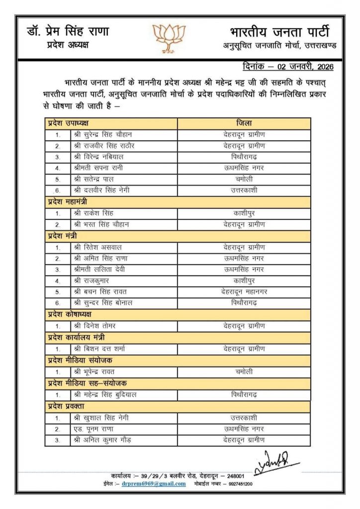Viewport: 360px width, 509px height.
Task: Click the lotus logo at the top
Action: pyautogui.click(x=169, y=38)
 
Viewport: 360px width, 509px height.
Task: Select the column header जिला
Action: pyautogui.click(x=244, y=123)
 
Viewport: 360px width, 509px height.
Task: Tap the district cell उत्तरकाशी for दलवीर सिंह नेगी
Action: pyautogui.click(x=244, y=190)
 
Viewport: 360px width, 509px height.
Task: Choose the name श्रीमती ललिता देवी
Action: pyautogui.click(x=99, y=269)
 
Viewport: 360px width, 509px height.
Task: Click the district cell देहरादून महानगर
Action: pyautogui.click(x=244, y=292)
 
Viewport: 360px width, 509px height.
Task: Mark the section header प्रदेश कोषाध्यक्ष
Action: pyautogui.click(x=70, y=314)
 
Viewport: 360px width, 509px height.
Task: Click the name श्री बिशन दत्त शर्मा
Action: pyautogui.click(x=100, y=348)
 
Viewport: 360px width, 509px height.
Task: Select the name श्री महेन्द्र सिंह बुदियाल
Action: pyautogui.click(x=106, y=395)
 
